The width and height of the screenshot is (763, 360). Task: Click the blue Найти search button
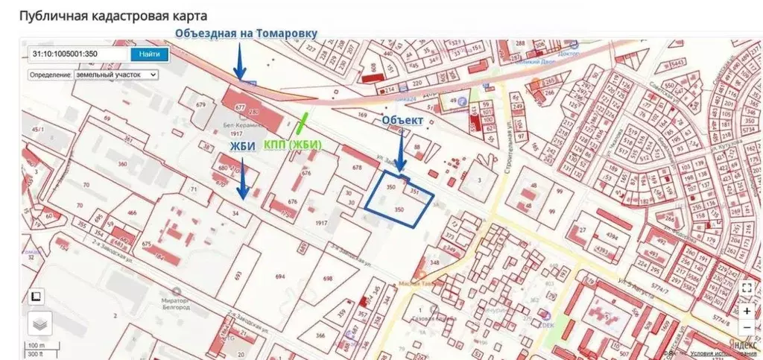(149, 54)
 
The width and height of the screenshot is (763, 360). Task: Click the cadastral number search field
(78, 54)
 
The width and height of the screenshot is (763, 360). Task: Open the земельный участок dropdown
(93, 75)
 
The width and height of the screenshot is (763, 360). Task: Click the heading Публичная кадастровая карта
(113, 16)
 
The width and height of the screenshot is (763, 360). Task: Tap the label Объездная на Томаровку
(246, 33)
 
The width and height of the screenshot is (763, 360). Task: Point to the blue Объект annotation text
(402, 120)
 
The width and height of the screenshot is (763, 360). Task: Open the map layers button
(40, 323)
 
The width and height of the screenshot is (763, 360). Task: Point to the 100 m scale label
(36, 345)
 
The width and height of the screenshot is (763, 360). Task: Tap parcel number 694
(280, 277)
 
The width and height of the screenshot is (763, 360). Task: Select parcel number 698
(327, 278)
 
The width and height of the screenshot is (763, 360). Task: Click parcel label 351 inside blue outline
(415, 191)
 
